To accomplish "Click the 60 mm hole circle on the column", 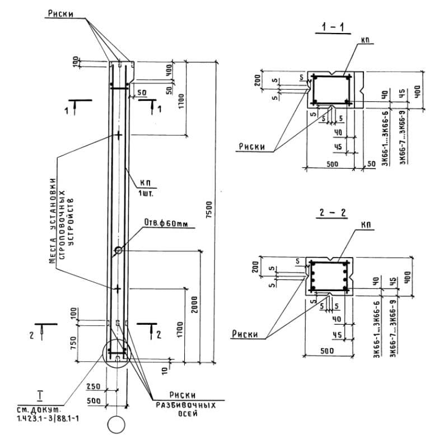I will (x=118, y=250).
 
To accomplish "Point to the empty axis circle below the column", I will (x=117, y=424).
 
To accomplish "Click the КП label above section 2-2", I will (x=366, y=225).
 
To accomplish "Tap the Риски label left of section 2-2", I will (x=245, y=334).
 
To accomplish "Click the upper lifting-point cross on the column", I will (x=118, y=135).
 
